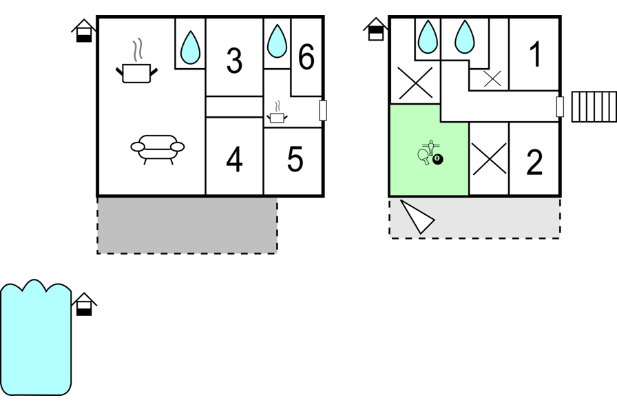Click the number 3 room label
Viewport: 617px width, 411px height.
235,61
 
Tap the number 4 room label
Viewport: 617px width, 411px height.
234,160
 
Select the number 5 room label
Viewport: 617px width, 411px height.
295,159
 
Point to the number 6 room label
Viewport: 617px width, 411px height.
306,56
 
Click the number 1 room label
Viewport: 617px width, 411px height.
536,54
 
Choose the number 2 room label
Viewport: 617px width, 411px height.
534,162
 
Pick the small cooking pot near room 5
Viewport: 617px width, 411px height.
277,112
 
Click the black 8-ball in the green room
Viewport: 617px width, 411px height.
437,159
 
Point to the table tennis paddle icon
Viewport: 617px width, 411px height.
423,156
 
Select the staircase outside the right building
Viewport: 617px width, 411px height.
594,107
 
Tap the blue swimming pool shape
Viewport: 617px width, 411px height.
36,338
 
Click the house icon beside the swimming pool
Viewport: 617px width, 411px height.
84,304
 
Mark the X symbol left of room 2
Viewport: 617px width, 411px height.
489,159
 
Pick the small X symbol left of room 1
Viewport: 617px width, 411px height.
492,78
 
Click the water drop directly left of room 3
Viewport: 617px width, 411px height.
190,48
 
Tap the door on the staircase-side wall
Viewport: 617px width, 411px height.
560,107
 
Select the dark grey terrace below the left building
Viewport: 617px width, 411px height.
187,225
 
